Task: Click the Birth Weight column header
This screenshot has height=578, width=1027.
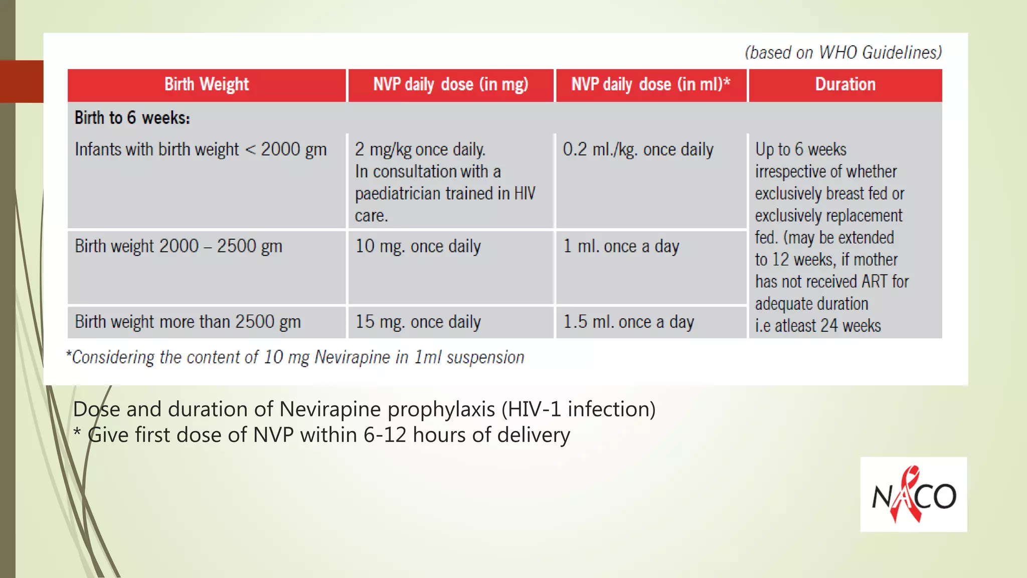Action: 207,85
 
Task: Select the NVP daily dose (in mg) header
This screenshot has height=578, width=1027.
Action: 450,85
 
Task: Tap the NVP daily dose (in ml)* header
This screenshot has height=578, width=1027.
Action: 650,85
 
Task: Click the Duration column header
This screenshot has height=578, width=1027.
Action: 845,85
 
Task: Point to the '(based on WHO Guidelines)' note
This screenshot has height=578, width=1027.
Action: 843,53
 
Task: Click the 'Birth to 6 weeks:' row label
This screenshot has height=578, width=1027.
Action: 132,118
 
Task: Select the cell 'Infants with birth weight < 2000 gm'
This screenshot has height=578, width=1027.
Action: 201,150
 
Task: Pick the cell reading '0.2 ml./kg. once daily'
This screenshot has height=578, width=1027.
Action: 638,150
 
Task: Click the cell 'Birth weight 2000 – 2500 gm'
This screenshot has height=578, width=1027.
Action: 179,246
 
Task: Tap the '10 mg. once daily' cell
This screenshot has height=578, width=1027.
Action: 418,246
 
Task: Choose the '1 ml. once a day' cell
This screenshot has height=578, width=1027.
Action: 621,246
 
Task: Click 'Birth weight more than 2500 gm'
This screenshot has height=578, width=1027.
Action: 188,322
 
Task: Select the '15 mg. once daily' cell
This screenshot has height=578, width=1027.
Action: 418,322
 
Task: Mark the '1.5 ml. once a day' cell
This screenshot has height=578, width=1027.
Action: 628,322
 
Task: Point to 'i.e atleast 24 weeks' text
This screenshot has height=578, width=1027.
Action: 817,326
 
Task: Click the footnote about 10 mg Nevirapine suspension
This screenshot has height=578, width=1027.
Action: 295,357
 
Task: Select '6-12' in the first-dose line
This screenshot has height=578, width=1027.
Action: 385,435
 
